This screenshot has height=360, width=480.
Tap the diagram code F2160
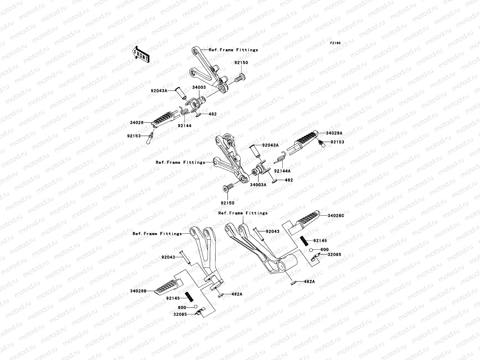click(335, 43)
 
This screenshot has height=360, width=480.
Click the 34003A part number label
click(258, 185)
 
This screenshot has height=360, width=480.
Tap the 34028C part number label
click(336, 216)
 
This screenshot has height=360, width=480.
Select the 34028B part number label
click(138, 291)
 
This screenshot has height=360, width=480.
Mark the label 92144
click(184, 126)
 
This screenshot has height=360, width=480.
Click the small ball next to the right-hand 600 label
click(311, 250)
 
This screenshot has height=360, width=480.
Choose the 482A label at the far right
click(310, 282)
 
